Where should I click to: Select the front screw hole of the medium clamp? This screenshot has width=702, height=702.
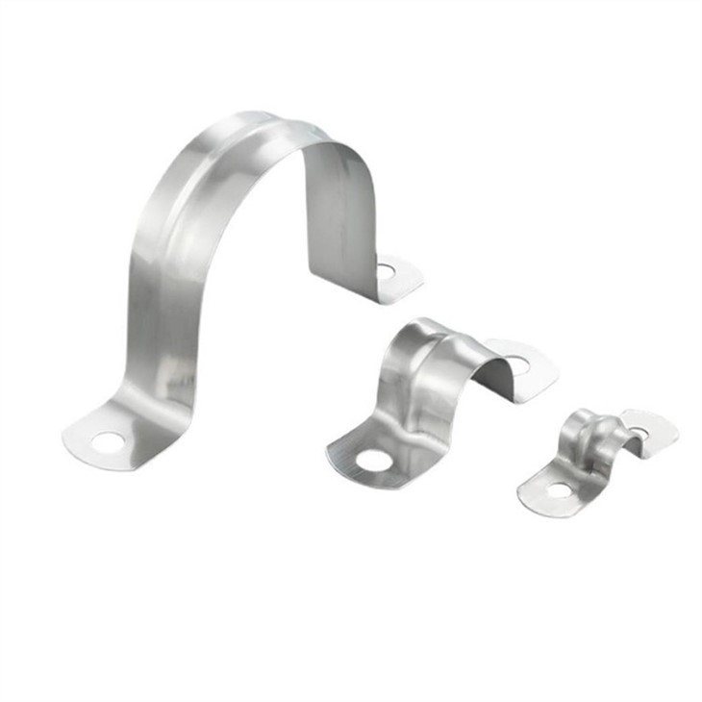(x=372, y=463)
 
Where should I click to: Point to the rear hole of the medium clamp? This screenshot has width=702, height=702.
(x=515, y=364)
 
